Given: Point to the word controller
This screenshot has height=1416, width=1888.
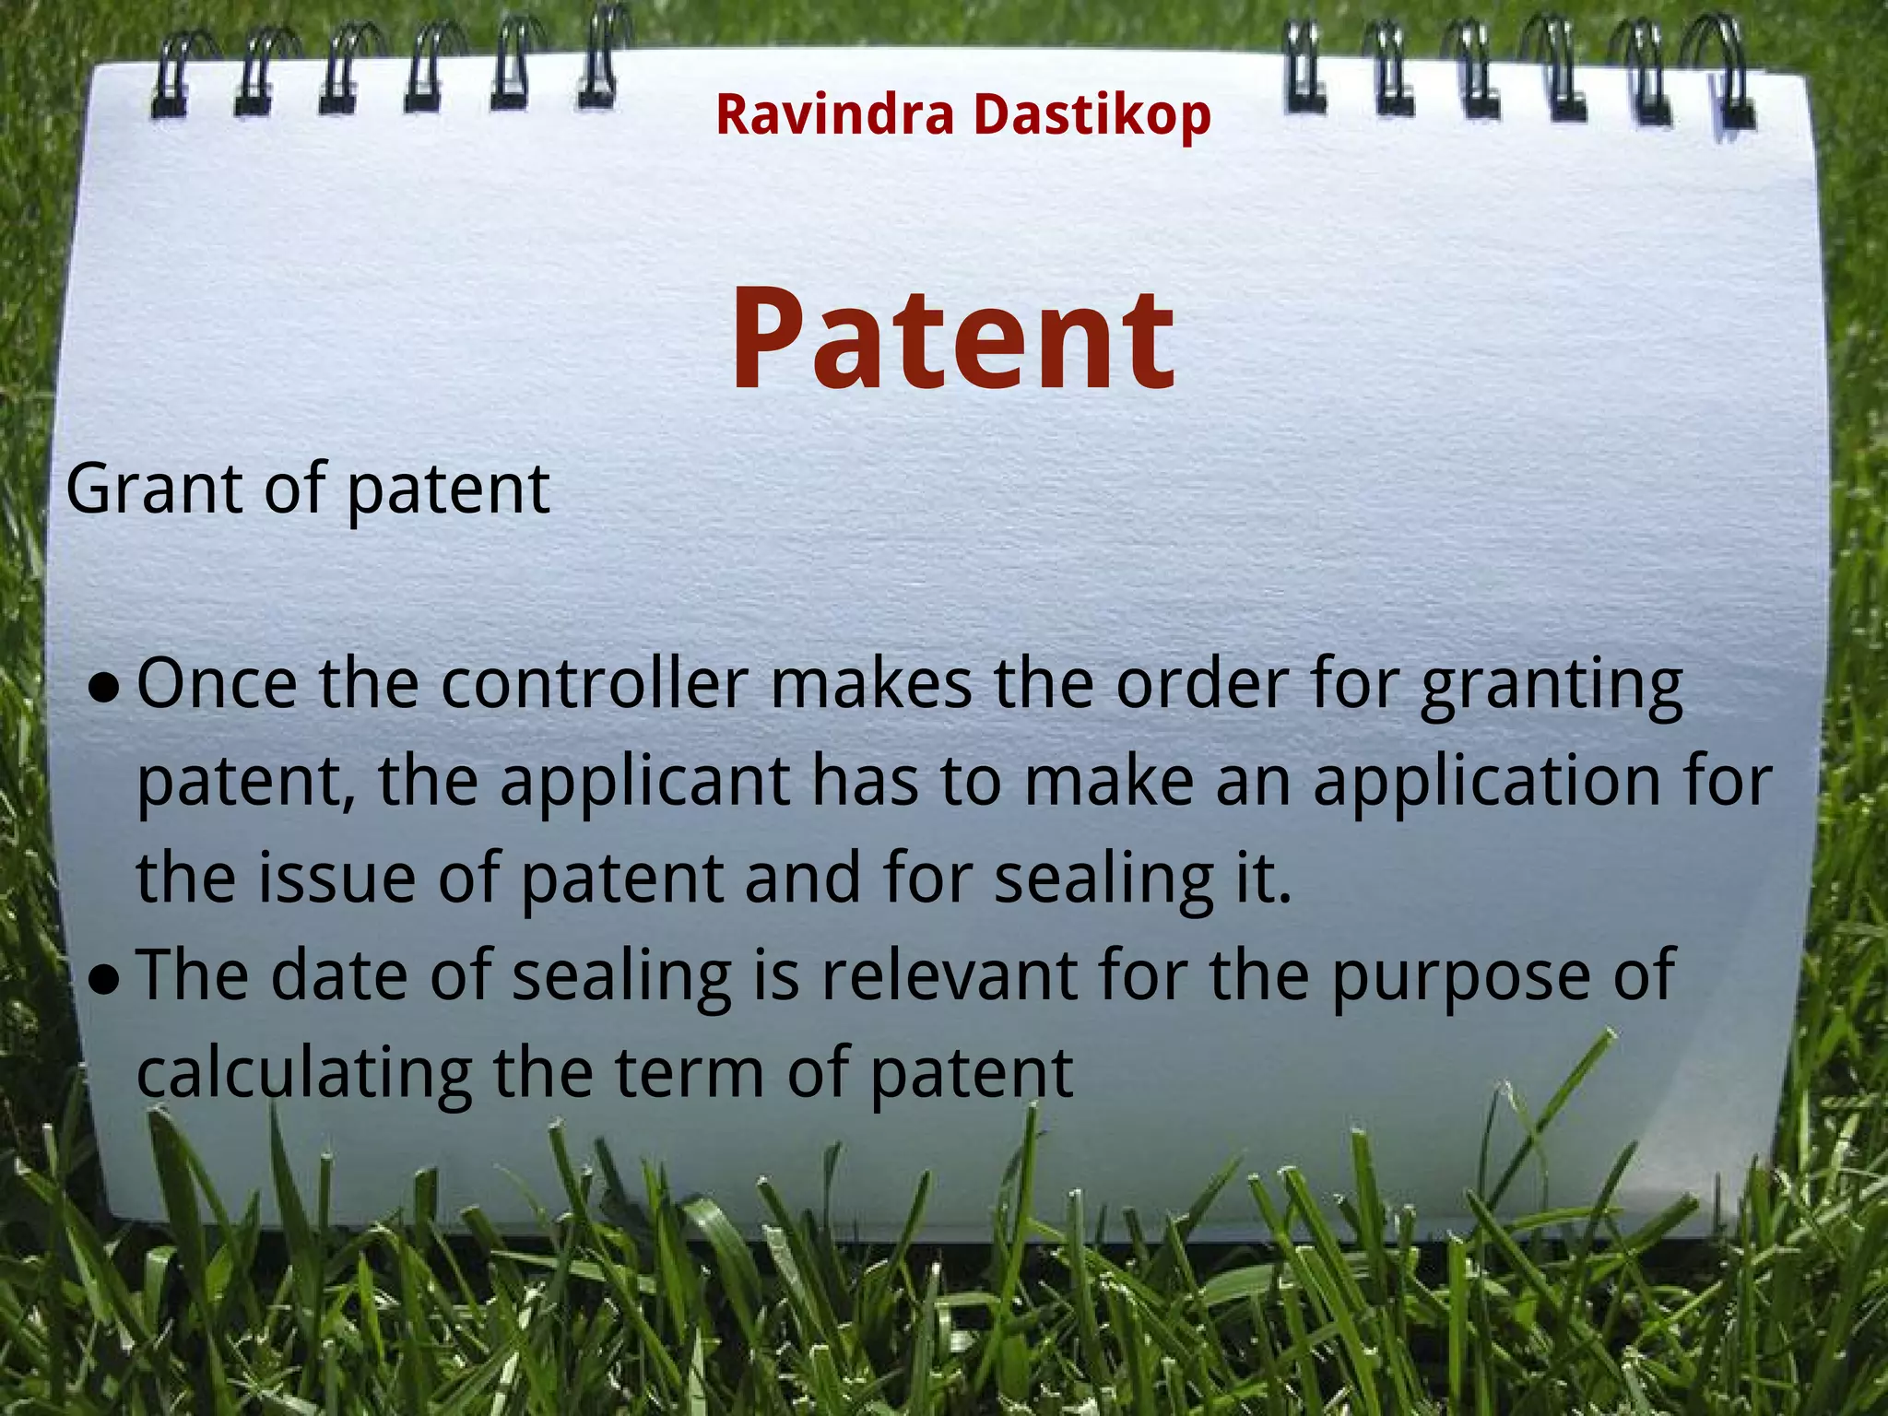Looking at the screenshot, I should pos(594,684).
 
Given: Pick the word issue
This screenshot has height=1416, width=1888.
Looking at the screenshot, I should pos(336,878).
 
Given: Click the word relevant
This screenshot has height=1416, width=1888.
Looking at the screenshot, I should pos(949,975).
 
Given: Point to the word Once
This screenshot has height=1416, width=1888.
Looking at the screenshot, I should pos(218,684).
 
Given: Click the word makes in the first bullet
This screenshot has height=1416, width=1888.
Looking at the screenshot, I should pos(870,684).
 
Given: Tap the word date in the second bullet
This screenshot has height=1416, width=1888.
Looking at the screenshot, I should pos(338,975).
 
